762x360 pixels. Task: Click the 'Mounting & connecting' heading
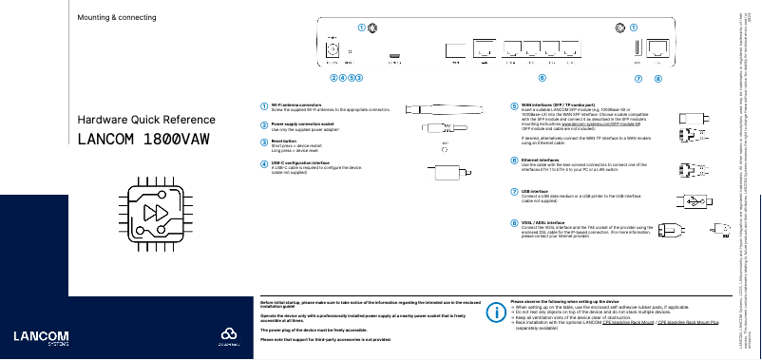[x=117, y=18]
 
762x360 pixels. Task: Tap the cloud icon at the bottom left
[x=227, y=335]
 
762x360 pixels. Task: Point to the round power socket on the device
[x=333, y=46]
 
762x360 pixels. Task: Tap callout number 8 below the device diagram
[x=658, y=77]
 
